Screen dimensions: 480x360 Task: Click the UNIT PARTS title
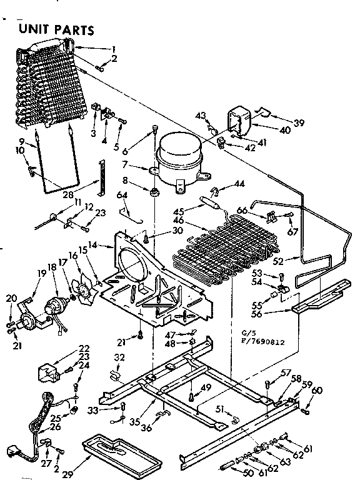(x=57, y=29)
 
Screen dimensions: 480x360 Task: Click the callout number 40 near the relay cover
(x=285, y=130)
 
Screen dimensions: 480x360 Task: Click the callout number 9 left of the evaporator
(x=21, y=141)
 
